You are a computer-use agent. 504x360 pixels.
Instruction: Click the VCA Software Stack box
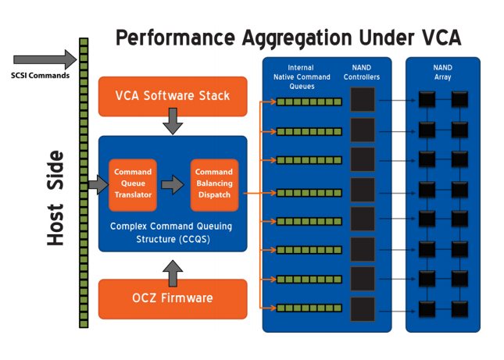(x=173, y=96)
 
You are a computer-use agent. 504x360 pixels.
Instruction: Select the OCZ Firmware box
(x=173, y=298)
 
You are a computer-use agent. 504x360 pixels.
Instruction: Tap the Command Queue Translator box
(x=133, y=184)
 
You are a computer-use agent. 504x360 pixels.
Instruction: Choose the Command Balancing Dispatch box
(x=213, y=184)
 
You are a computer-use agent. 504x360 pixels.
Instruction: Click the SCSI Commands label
(x=41, y=76)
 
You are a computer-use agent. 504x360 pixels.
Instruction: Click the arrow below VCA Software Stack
(x=173, y=121)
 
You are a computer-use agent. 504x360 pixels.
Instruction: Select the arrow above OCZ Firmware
(x=173, y=272)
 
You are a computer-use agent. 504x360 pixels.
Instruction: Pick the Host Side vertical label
(x=55, y=198)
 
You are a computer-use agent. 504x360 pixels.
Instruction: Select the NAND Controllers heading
(x=362, y=73)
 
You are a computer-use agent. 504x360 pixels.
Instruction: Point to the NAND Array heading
(x=442, y=73)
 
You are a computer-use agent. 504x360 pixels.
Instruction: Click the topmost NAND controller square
(x=363, y=100)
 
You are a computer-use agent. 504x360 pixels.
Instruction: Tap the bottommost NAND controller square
(x=363, y=308)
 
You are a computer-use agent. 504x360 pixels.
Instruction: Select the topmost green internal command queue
(x=309, y=102)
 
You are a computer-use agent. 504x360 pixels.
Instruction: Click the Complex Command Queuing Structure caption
(x=173, y=232)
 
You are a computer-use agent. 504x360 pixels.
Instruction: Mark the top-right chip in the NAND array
(x=459, y=100)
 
